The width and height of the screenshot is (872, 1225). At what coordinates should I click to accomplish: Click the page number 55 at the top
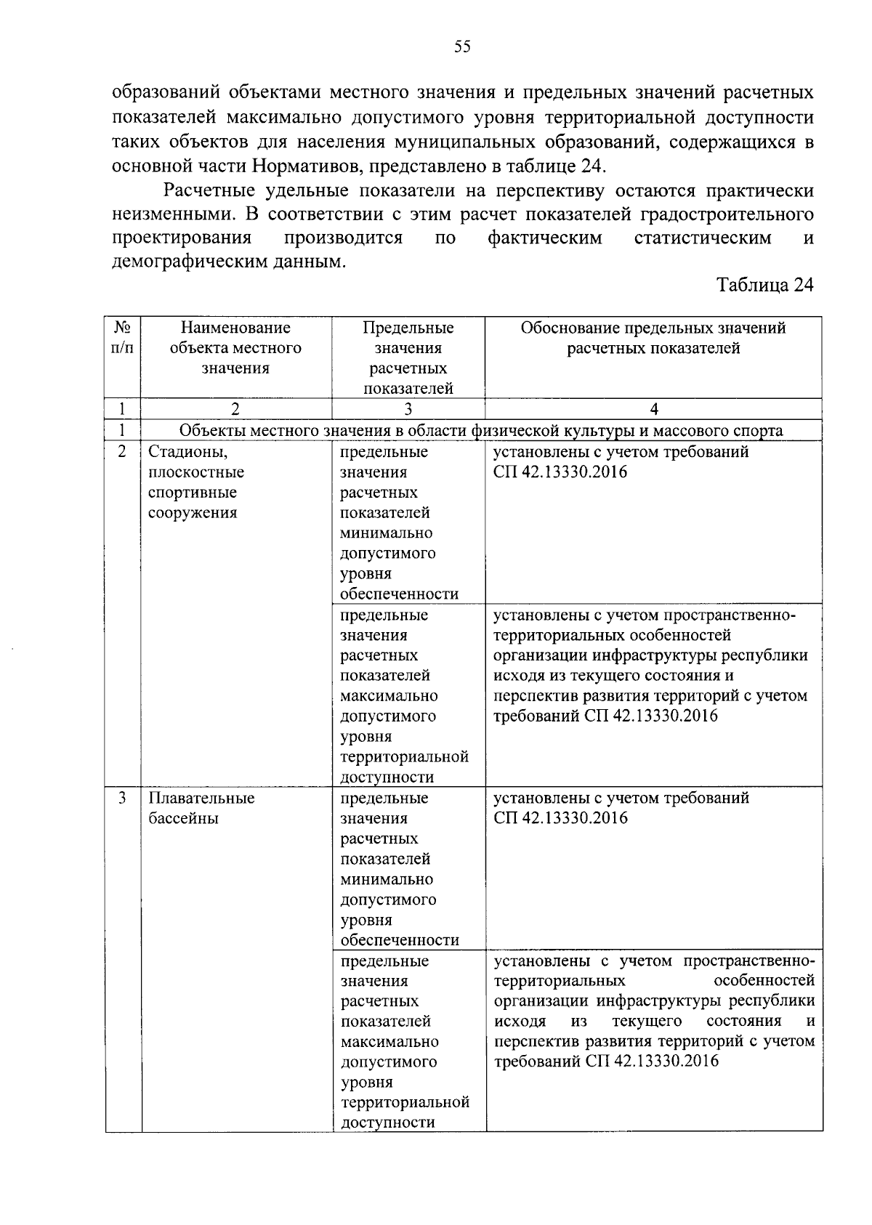point(462,47)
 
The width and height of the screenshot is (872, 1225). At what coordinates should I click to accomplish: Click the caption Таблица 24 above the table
point(764,285)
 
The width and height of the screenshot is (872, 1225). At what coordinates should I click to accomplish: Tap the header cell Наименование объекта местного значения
point(235,348)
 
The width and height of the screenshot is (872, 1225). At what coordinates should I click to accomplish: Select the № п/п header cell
point(122,339)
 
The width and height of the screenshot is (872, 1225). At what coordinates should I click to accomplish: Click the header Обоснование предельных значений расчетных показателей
point(653,339)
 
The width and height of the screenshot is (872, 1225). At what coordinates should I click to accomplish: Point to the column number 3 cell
point(408,409)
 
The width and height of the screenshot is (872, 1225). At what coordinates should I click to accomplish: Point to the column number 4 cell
point(653,409)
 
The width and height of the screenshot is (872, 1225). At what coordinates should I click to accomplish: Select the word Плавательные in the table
point(201,799)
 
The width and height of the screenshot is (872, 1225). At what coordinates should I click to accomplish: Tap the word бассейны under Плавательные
point(184,819)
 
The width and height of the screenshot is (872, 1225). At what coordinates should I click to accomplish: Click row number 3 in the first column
point(122,799)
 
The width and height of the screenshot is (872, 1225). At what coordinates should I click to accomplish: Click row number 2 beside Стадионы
point(122,452)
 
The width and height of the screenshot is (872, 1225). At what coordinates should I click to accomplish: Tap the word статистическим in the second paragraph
point(702,238)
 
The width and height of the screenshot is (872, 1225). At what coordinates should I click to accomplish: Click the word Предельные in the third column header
point(408,328)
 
